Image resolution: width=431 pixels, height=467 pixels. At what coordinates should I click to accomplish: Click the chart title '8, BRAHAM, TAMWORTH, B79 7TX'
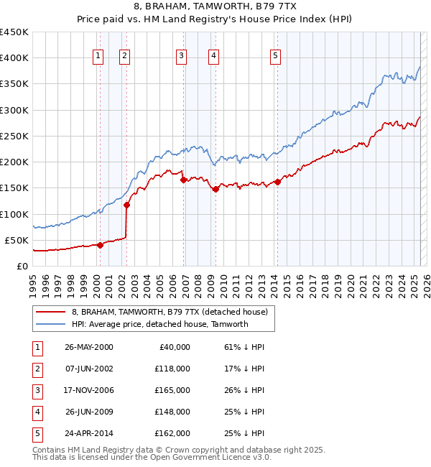[215, 7]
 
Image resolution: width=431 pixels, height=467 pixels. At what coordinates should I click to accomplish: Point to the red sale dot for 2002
[126, 205]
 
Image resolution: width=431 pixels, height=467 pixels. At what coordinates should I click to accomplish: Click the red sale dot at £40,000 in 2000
[101, 245]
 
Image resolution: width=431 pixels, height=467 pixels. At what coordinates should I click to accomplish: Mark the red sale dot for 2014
[277, 182]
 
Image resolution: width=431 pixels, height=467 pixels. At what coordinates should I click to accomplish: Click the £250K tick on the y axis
[14, 136]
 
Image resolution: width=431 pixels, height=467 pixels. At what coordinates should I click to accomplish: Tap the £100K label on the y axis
[14, 214]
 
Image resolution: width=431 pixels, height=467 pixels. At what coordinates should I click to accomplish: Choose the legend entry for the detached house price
[170, 312]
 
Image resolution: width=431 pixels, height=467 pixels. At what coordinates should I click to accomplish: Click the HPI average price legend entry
[159, 324]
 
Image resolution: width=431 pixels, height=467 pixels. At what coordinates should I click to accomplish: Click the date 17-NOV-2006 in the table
[89, 390]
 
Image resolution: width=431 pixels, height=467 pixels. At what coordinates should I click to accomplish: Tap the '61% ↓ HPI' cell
[244, 347]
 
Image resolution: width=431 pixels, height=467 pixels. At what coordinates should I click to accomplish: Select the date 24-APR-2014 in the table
[89, 433]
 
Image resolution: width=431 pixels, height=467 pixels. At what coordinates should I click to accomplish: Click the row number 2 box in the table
[36, 369]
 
